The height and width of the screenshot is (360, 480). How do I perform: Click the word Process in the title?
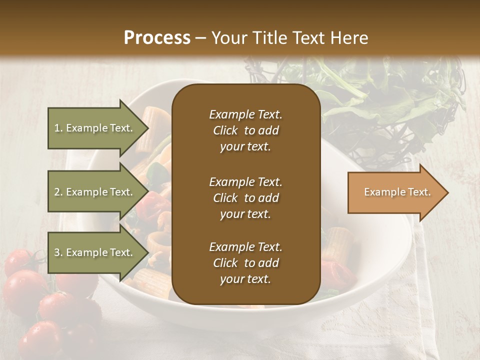157,38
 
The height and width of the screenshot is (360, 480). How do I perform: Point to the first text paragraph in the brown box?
245,130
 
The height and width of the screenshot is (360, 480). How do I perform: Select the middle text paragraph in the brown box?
245,198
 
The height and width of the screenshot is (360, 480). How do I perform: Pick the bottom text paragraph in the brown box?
245,263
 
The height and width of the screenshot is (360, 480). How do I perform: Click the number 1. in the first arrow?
58,128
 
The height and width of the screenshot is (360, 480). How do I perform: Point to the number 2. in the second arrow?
58,192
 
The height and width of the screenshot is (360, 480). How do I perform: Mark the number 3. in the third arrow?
58,252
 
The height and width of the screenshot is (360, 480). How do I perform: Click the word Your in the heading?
227,38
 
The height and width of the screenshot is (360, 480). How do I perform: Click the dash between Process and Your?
200,38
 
